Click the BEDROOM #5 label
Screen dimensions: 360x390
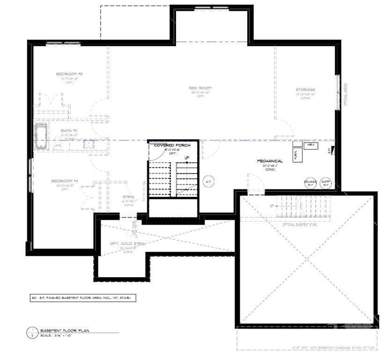pyautogui.click(x=69, y=74)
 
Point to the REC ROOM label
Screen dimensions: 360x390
pyautogui.click(x=200, y=88)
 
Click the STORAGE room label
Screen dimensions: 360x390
pyautogui.click(x=305, y=90)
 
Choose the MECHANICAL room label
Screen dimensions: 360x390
pyautogui.click(x=270, y=161)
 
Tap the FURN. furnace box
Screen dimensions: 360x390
pyautogui.click(x=296, y=155)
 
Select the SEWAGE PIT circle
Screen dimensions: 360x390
pyautogui.click(x=310, y=183)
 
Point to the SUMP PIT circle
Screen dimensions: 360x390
pyautogui.click(x=325, y=183)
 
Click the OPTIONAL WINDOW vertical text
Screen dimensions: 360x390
pyautogui.click(x=346, y=94)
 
